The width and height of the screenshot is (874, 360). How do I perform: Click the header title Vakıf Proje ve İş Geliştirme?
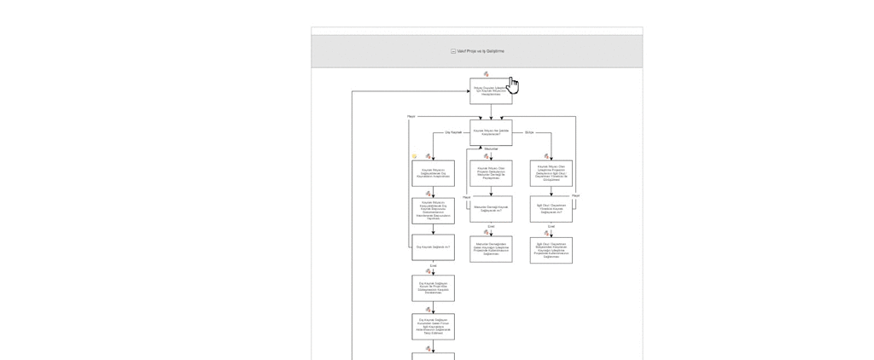coord(481,51)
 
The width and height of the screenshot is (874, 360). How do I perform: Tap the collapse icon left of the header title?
coord(453,51)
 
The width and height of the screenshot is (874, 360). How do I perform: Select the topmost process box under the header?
coord(490,90)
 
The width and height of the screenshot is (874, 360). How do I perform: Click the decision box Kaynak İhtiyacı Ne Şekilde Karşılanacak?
coord(491,132)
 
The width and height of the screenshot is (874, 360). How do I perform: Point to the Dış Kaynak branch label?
coord(453,132)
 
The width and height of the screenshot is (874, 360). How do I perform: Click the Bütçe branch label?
coord(529,132)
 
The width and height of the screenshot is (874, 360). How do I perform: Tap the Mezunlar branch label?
coord(491,148)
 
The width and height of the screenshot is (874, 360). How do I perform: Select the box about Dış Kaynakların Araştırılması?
coord(433,173)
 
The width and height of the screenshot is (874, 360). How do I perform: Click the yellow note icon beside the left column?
coord(415,156)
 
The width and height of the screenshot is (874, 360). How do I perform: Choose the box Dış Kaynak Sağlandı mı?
coord(433,247)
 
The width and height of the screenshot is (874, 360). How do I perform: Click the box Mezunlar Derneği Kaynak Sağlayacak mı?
coord(491,209)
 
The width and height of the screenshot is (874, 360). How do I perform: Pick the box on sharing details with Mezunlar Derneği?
coord(491,173)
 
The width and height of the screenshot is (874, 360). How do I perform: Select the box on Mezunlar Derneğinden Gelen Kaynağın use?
coord(491,249)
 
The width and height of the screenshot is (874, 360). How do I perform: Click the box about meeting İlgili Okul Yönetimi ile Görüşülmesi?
coord(551,173)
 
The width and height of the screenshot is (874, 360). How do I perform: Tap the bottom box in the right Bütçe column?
coord(551,250)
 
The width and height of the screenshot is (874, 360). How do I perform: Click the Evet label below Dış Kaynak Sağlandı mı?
coord(433,265)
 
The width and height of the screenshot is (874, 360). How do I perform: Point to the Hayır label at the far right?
coord(576,195)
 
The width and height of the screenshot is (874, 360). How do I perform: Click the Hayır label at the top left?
coord(411,116)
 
